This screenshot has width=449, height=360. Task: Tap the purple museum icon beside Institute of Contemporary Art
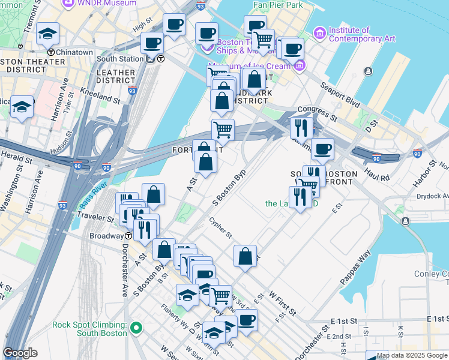coord(319,31)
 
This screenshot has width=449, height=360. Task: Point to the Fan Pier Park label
coord(278,5)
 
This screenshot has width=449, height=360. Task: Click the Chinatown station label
coord(74,52)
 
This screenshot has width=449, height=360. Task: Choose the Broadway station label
coord(106,236)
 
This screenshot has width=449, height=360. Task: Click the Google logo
coord(20,353)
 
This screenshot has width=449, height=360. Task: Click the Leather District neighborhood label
coord(115,76)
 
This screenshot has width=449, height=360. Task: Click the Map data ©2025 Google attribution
coord(412,355)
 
